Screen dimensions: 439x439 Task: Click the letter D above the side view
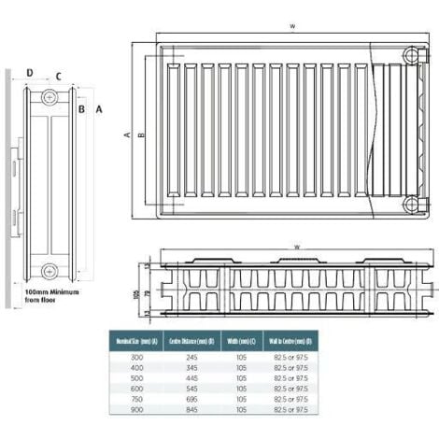(x=29, y=73)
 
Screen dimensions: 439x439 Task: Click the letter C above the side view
(x=58, y=77)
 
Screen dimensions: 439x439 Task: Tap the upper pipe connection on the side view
(x=50, y=97)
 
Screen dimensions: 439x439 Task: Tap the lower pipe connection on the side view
(x=50, y=272)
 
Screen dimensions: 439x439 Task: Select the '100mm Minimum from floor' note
(x=52, y=297)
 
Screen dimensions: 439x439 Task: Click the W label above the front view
(x=292, y=26)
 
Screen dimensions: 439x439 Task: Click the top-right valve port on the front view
(x=411, y=57)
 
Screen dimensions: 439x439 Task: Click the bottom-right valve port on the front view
(x=411, y=204)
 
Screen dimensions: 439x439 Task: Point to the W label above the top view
(x=296, y=247)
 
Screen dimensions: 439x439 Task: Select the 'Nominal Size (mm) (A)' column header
(x=136, y=340)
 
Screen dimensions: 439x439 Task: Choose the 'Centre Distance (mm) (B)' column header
(x=193, y=340)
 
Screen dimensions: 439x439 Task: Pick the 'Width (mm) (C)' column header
(x=241, y=340)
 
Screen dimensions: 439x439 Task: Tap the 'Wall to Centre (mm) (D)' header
(x=290, y=340)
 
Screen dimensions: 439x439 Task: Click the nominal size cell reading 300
(x=136, y=358)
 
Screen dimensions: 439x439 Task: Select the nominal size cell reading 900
(x=136, y=410)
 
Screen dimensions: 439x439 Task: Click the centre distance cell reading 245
(x=193, y=358)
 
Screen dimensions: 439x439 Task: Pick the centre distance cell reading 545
(x=193, y=389)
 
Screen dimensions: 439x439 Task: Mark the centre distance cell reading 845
(x=193, y=410)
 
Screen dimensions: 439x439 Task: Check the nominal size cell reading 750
(x=136, y=399)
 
